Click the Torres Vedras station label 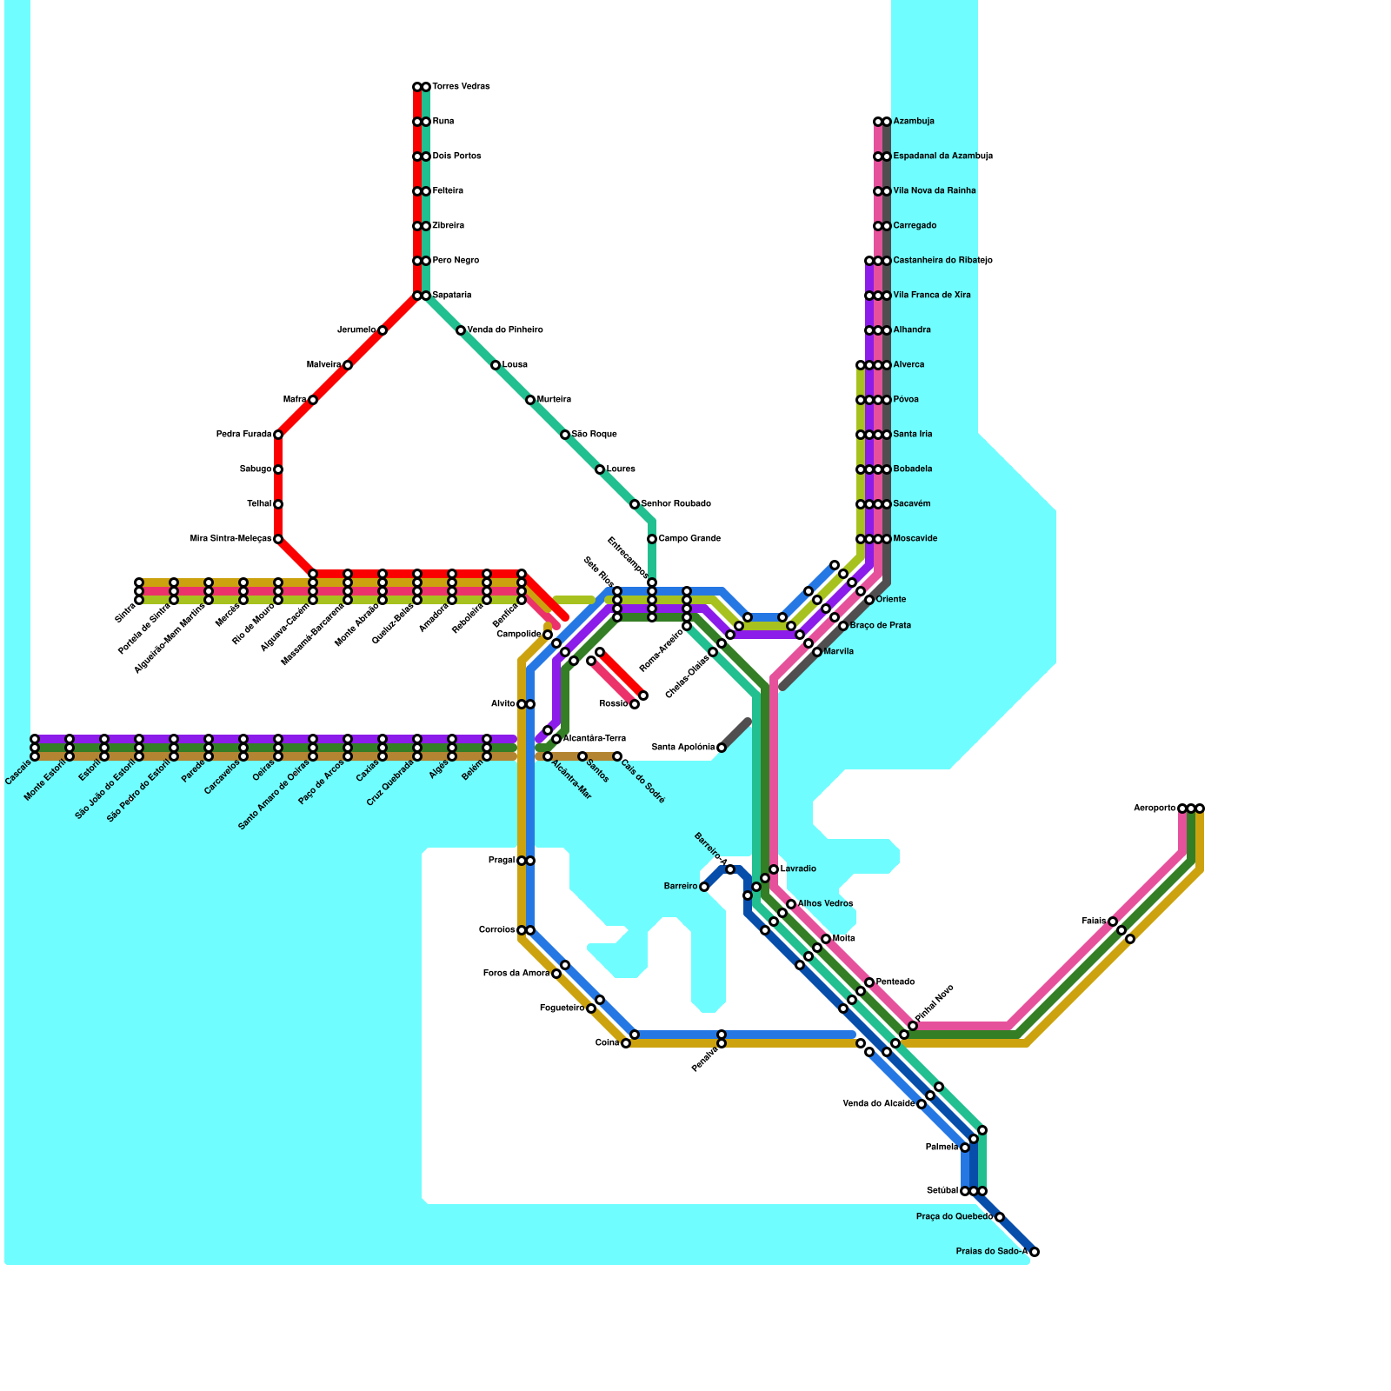[461, 87]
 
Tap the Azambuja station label [914, 122]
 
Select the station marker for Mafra [313, 400]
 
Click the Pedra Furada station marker [278, 435]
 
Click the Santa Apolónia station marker [722, 748]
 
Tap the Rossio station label [613, 704]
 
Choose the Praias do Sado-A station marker [1035, 1252]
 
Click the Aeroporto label [1155, 809]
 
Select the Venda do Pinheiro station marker [461, 330]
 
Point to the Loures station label [621, 469]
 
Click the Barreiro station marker [704, 887]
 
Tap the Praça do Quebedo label [954, 1217]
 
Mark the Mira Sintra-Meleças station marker [278, 539]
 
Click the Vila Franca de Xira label [932, 296]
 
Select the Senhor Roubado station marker [635, 504]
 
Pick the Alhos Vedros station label [825, 904]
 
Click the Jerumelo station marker [383, 330]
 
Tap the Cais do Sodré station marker [617, 756]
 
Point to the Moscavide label [915, 539]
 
